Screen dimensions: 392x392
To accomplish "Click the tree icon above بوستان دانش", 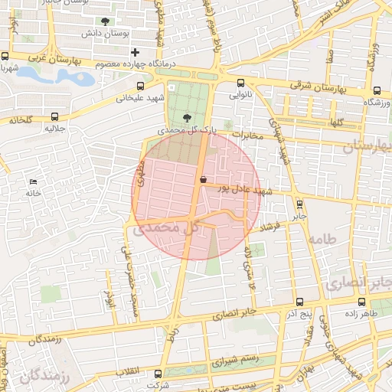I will (x=105, y=21).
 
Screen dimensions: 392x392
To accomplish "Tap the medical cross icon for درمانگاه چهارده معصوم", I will (x=136, y=52).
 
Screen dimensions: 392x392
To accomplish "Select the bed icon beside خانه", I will (x=32, y=181).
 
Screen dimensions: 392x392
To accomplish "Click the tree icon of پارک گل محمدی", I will (x=188, y=117).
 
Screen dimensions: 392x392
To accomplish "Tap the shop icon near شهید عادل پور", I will (x=203, y=180).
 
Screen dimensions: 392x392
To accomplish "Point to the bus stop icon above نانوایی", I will (x=241, y=83).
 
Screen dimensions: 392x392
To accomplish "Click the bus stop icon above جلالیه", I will (x=54, y=116).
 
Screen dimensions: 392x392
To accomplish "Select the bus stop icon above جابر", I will (x=299, y=204).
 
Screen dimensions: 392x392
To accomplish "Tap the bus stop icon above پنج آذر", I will (x=299, y=302).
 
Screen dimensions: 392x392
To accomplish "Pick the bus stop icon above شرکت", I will (x=158, y=374).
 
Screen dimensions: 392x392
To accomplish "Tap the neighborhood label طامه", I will (x=321, y=240).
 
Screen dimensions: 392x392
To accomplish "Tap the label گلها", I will (x=336, y=122).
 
